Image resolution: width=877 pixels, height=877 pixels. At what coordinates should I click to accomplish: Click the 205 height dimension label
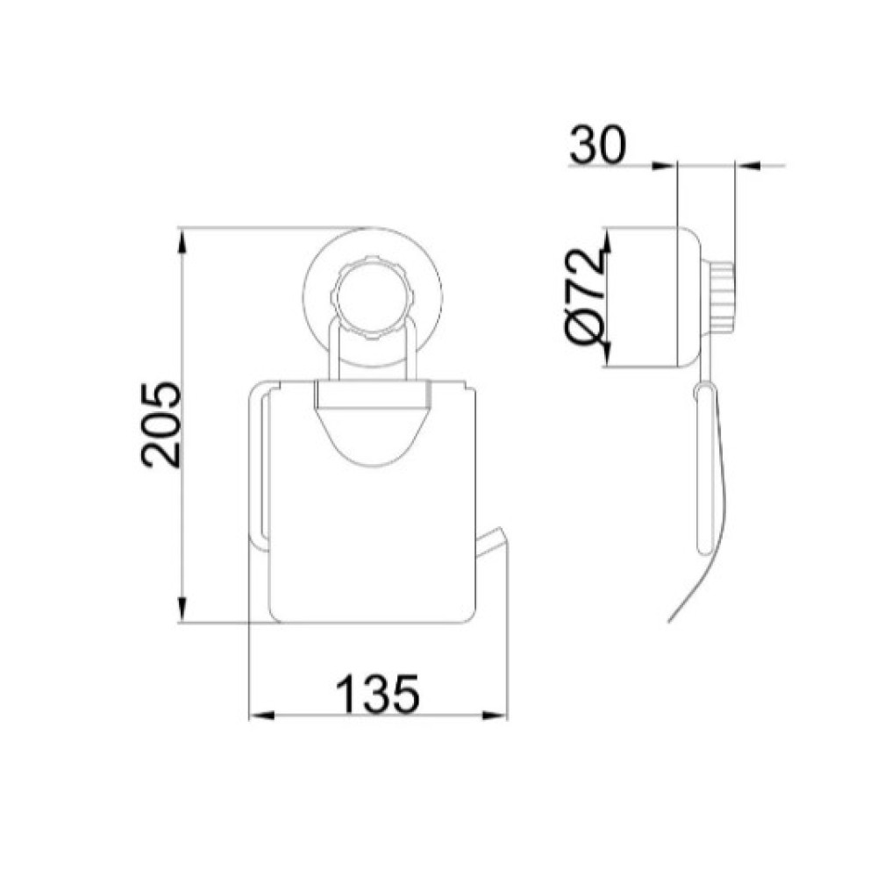(x=162, y=424)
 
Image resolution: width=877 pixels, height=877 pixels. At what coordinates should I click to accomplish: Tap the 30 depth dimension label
(x=598, y=146)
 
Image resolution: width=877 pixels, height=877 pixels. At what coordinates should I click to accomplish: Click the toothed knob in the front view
(x=373, y=297)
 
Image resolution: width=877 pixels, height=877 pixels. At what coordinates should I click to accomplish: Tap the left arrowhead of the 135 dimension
(x=261, y=716)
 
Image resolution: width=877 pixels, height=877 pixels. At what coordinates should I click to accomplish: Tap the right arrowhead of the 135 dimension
(x=494, y=716)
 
